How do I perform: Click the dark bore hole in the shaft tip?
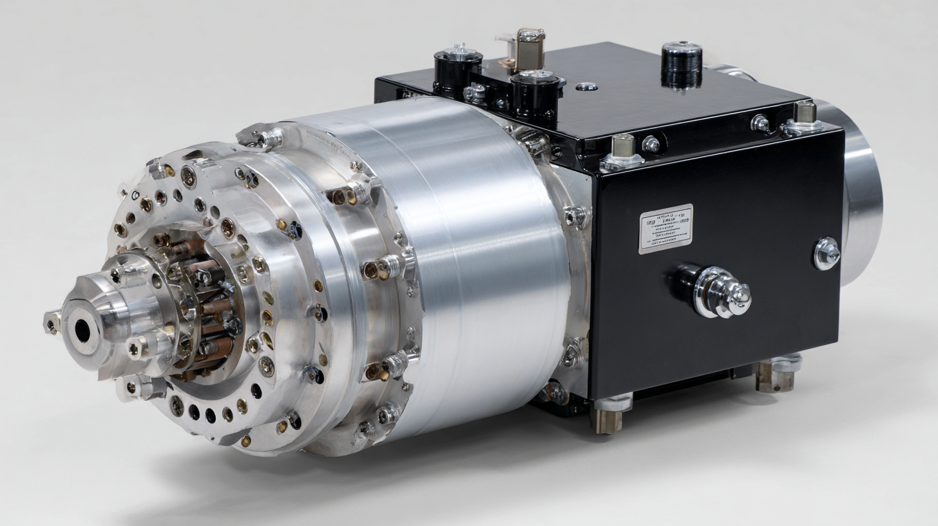pos(82,331)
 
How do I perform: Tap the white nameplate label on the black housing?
pos(665,228)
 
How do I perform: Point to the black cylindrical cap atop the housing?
pos(682,64)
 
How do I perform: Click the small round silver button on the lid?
pos(586,86)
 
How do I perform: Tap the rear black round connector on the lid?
pos(458,67)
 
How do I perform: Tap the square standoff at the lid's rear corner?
pos(805,117)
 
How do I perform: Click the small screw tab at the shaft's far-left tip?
pos(52,321)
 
